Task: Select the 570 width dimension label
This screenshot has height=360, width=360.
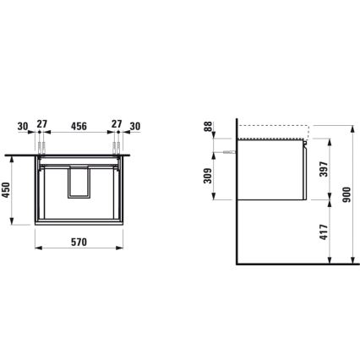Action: click(77, 242)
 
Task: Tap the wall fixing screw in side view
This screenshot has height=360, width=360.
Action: click(229, 151)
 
